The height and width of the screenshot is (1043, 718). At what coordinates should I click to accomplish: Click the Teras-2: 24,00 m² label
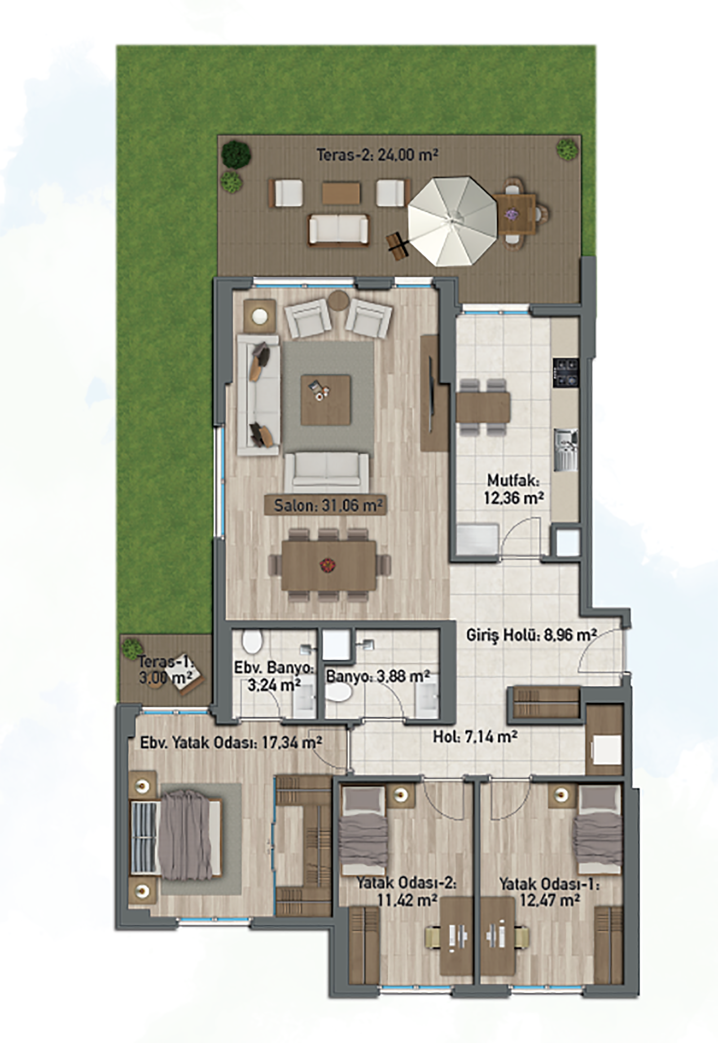point(377,155)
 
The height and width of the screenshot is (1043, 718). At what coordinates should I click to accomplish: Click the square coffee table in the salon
point(326,399)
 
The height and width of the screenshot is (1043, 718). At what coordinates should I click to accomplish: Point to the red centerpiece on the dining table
point(326,565)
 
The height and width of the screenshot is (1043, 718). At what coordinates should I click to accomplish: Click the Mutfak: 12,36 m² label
point(513,489)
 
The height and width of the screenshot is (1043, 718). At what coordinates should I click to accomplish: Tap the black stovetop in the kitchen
point(566,373)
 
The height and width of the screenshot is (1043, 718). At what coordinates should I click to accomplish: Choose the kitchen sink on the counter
point(566,450)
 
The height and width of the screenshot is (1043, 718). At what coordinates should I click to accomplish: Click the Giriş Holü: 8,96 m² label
point(531,635)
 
